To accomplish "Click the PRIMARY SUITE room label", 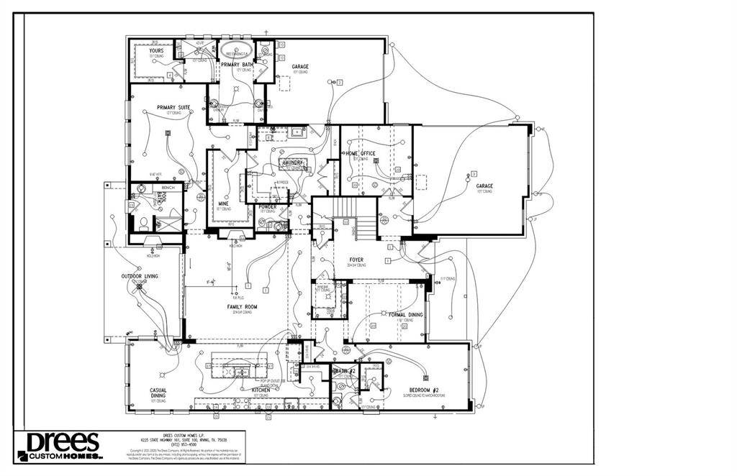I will click(173, 108).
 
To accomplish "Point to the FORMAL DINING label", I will click(406, 315).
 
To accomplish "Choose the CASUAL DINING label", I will click(158, 393).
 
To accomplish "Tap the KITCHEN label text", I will click(261, 390).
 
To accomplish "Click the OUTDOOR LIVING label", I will click(140, 276).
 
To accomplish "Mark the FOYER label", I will click(356, 260).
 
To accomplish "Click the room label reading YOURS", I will click(156, 51).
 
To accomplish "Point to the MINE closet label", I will click(223, 203).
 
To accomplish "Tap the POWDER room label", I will click(268, 207).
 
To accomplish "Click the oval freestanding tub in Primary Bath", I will click(238, 53).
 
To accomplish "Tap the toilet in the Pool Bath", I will click(143, 221).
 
